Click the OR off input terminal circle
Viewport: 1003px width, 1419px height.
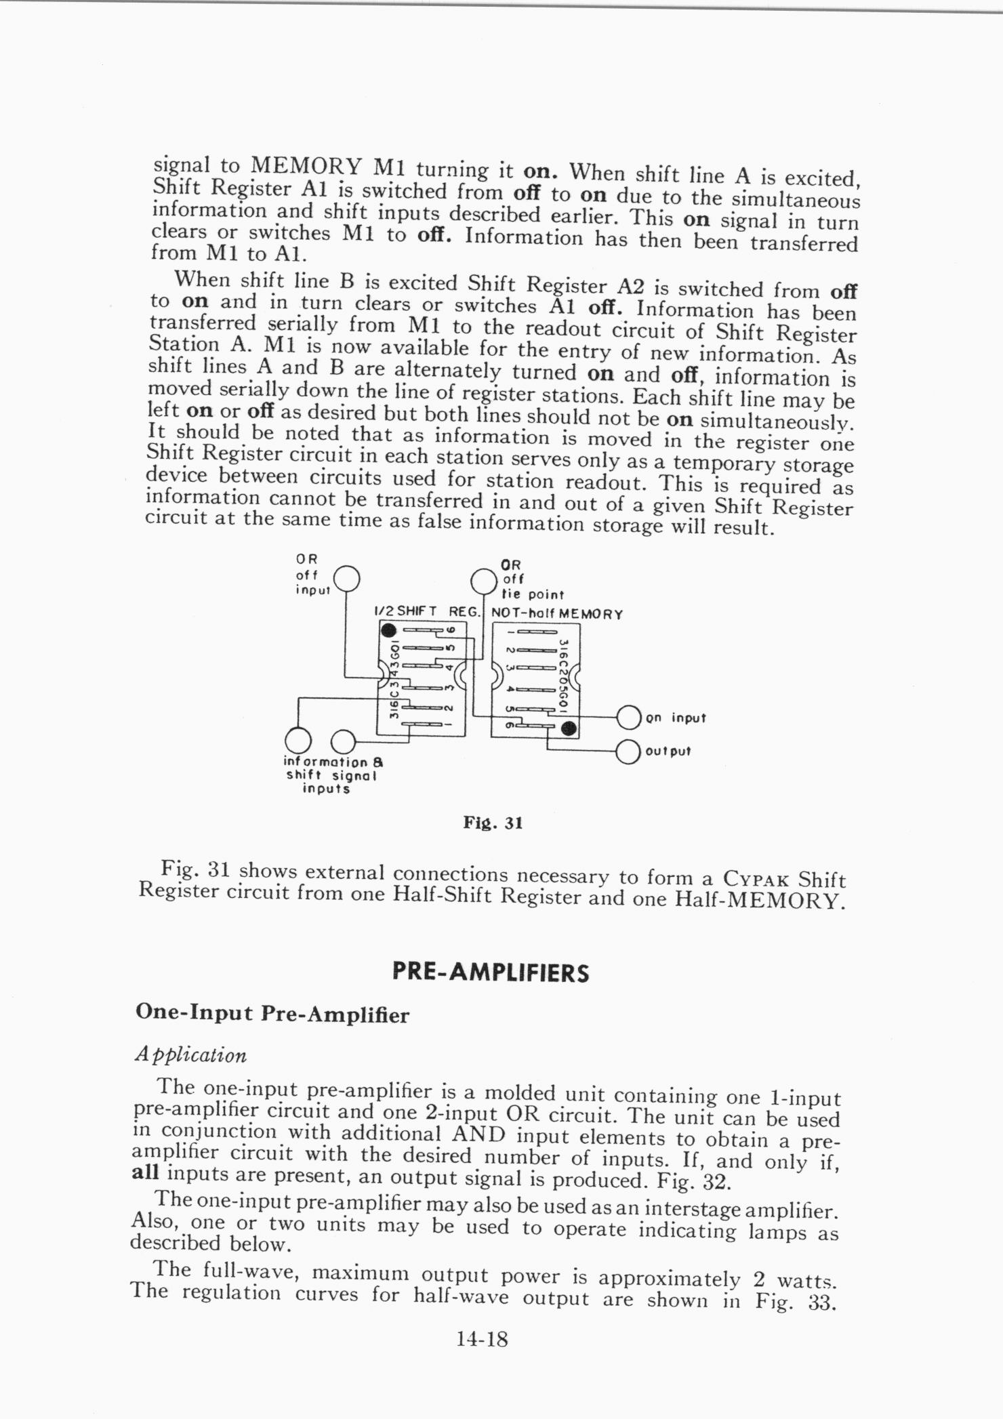coord(347,579)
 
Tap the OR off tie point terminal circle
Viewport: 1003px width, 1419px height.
coord(484,581)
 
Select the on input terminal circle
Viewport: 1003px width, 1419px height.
coord(629,718)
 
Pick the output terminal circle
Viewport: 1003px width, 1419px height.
coord(629,752)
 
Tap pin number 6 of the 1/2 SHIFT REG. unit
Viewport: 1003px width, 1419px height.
coord(458,630)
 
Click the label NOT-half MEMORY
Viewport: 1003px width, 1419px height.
coord(556,615)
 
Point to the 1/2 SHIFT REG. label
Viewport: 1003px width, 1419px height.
coord(427,612)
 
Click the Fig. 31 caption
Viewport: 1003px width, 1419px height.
coord(493,823)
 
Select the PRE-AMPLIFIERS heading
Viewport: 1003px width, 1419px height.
coord(491,973)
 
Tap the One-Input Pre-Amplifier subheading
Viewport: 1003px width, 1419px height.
coord(272,1014)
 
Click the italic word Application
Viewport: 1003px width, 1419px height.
coord(190,1055)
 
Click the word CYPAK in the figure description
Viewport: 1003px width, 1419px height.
coord(756,880)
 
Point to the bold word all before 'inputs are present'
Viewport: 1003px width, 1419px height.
coord(144,1172)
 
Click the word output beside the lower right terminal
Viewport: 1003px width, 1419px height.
coord(668,752)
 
